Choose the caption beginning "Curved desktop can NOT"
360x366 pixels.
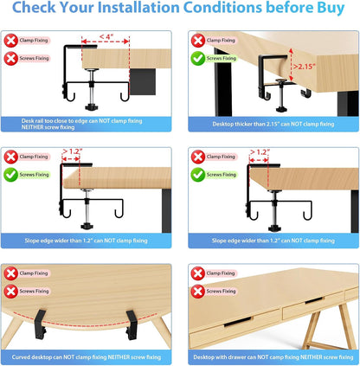(90, 356)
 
